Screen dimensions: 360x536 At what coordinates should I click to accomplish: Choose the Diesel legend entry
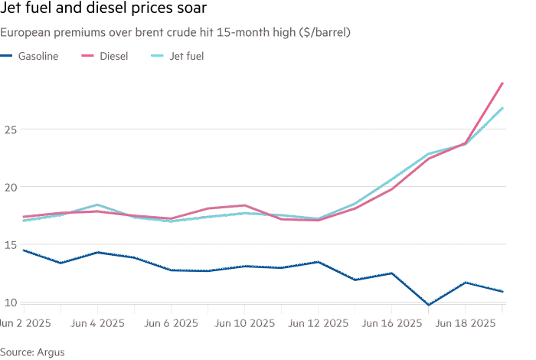coord(113,56)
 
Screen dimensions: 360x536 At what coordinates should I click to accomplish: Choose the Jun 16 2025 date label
coord(393,323)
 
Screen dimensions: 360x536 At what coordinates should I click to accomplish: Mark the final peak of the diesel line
coord(502,83)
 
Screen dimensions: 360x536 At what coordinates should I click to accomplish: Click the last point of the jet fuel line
coord(502,108)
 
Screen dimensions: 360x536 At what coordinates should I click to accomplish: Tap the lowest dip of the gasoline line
coord(429,305)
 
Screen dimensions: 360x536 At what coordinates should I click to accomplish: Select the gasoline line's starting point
coord(24,250)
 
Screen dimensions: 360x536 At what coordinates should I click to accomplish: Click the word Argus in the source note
coord(50,352)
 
